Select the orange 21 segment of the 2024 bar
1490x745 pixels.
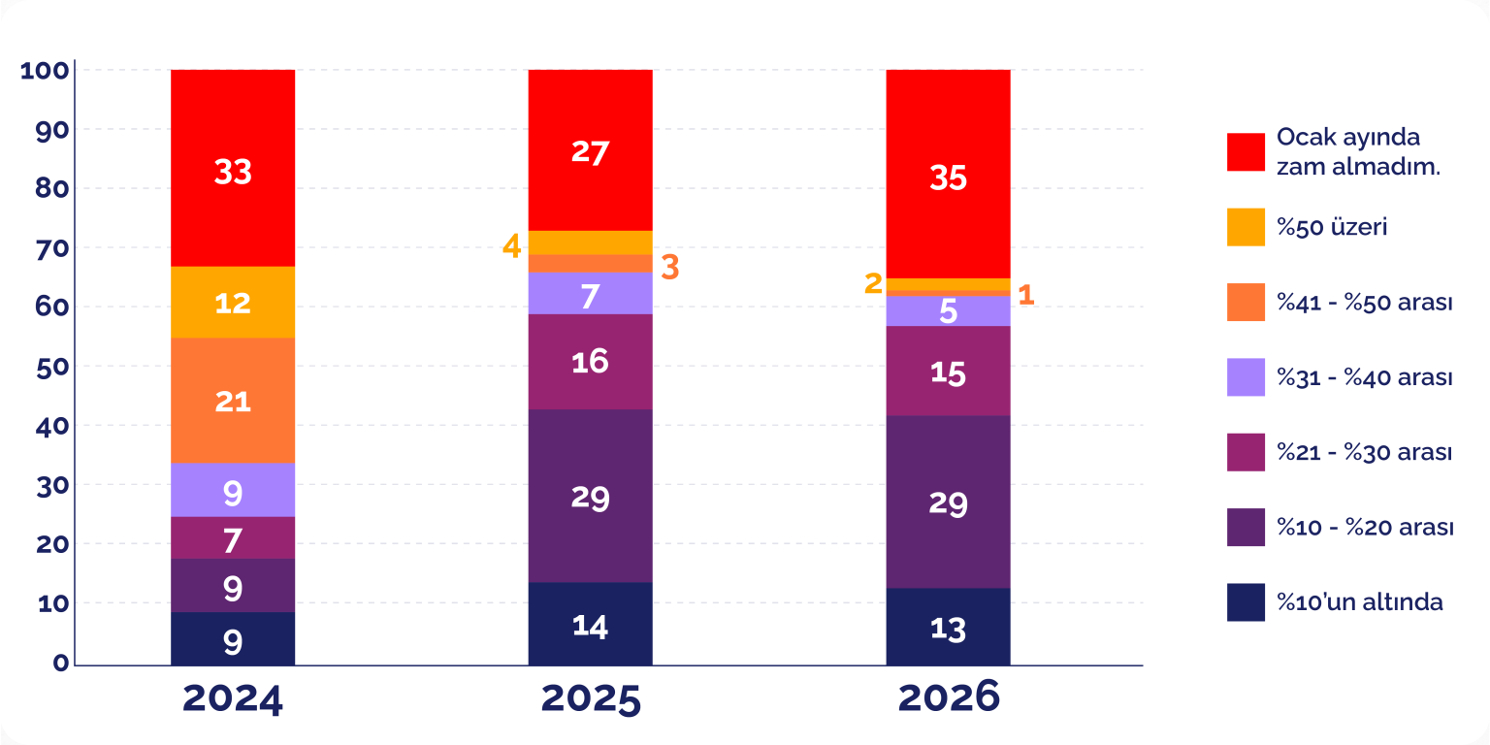233,400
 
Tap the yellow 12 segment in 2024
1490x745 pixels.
233,302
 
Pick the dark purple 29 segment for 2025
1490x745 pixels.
590,496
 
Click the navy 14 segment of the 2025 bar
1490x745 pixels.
590,624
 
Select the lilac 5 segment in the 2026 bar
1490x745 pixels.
948,311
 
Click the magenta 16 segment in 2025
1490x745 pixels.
590,362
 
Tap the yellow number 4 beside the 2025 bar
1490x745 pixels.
511,246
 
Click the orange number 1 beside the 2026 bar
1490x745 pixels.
1025,295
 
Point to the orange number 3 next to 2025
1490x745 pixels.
669,267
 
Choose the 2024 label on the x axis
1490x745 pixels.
233,698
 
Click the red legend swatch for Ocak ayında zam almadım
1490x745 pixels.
1246,151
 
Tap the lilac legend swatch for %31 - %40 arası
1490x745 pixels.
1246,377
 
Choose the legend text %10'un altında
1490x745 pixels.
1359,602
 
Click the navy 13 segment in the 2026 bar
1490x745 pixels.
948,627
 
